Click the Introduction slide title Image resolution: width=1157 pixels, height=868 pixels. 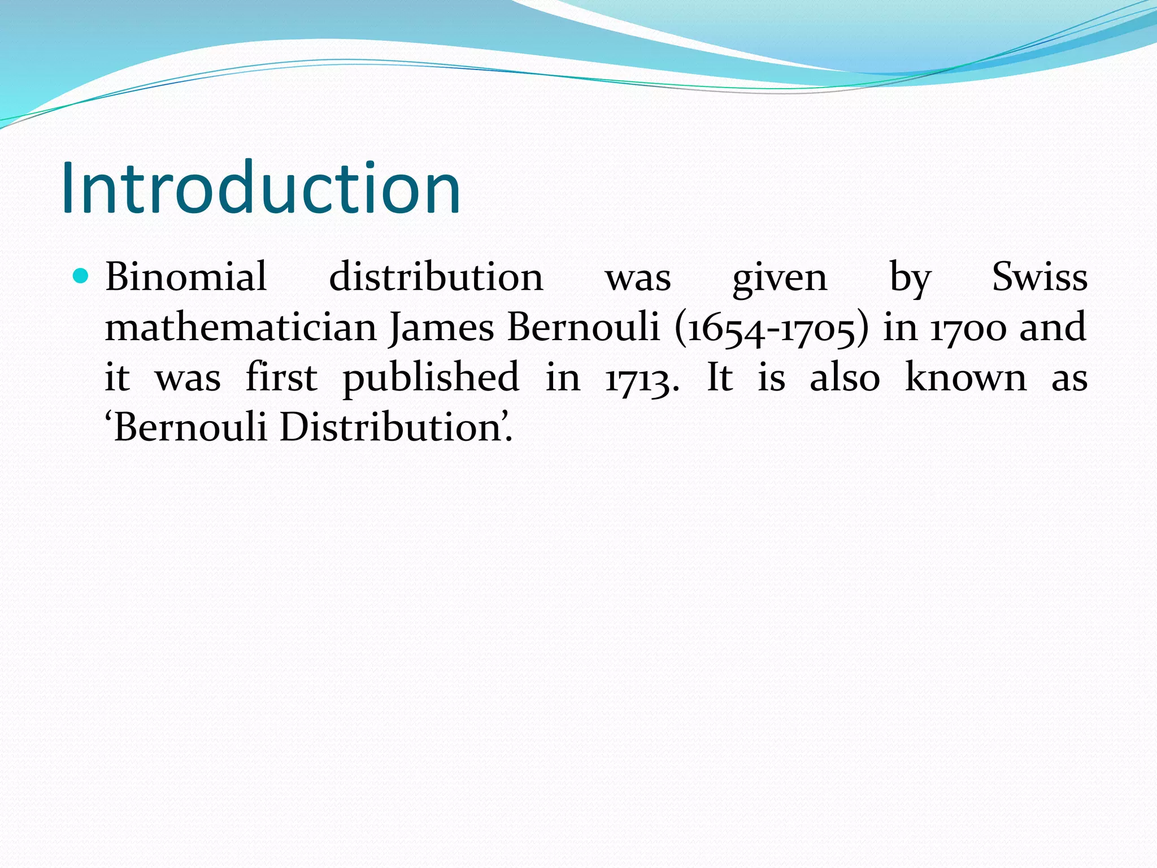[261, 188]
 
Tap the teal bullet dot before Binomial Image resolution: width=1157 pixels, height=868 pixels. [81, 276]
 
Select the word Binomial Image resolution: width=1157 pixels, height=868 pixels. [186, 277]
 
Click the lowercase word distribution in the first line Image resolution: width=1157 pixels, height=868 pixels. [436, 277]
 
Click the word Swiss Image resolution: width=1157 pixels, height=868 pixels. [1039, 277]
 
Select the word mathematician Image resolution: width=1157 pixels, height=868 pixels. [241, 327]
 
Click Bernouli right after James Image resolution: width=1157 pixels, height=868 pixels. [584, 327]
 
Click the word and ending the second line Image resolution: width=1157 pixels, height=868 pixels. [1053, 327]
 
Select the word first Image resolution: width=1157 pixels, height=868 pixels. [281, 377]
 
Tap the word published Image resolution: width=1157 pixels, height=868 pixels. [431, 378]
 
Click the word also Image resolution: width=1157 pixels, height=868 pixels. [845, 377]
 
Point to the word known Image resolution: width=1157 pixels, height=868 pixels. [965, 377]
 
